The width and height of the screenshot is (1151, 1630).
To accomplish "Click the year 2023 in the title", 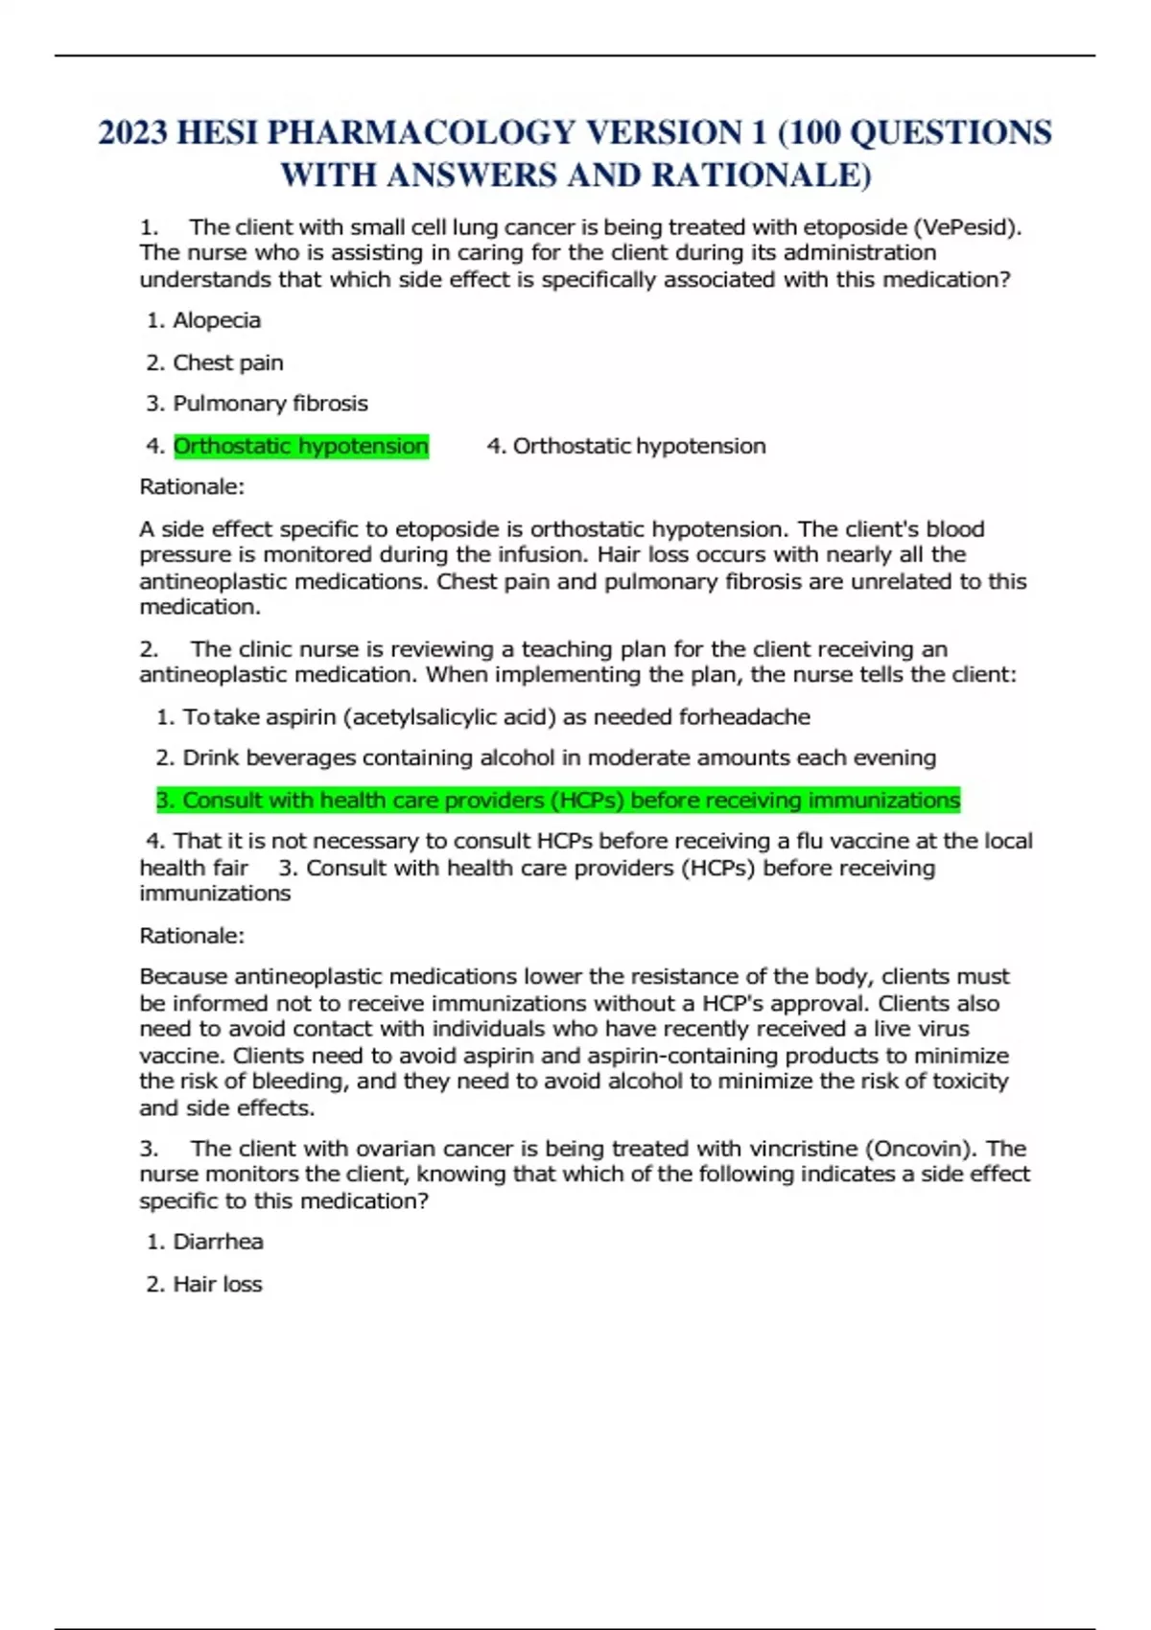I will click(x=133, y=132).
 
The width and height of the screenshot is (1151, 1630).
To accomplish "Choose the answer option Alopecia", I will click(x=216, y=320).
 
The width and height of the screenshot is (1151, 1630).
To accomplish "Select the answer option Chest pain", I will click(x=227, y=362).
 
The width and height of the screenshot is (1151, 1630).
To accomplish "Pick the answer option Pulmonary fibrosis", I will click(x=270, y=404).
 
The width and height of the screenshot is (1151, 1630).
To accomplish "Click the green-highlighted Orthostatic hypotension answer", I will click(x=300, y=446).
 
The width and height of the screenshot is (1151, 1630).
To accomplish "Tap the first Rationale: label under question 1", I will click(x=192, y=487).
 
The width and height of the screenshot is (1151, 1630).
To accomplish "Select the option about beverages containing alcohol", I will click(x=558, y=757).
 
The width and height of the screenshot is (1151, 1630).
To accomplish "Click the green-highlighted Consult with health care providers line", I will click(x=558, y=800).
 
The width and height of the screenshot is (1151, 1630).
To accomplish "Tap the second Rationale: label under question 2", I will click(x=192, y=935).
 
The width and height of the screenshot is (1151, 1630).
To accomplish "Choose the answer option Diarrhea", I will click(x=218, y=1242).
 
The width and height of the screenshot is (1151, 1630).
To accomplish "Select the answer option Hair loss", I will click(x=217, y=1284).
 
